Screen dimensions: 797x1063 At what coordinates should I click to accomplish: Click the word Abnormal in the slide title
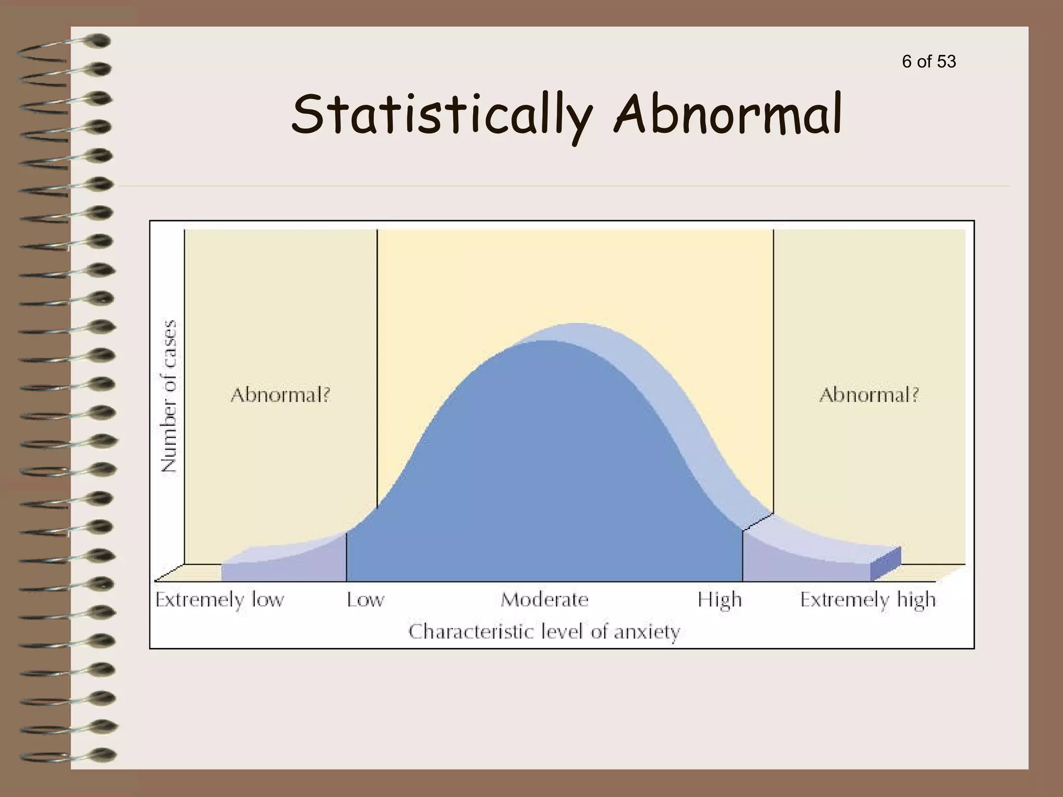pos(727,113)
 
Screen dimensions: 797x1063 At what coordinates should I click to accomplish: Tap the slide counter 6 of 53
pos(929,62)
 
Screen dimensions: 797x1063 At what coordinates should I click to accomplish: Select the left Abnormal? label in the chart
pos(280,395)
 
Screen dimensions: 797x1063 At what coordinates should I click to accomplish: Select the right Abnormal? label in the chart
pos(869,395)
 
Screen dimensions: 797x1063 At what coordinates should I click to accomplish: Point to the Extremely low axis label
pos(220,600)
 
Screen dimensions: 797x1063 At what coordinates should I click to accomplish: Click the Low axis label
pos(365,600)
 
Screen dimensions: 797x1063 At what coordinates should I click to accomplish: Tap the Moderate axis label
pos(544,600)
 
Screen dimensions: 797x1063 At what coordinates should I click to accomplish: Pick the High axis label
pos(719,600)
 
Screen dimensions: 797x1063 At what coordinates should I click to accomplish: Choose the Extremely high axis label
pos(867,600)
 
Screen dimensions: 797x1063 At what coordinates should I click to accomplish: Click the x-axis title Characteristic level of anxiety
pos(544,632)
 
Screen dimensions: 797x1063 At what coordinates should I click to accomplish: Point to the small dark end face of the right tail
pos(886,563)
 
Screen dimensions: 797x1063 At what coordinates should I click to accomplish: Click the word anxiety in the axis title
pos(647,633)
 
